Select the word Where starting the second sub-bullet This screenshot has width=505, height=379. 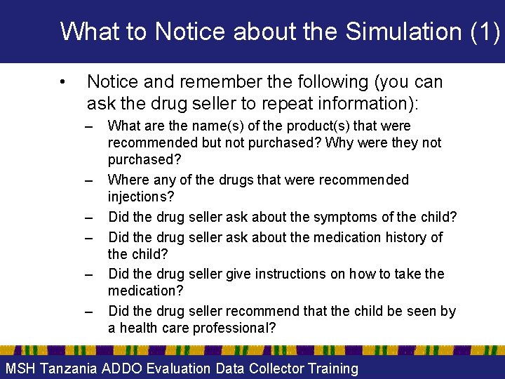pyautogui.click(x=127, y=180)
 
